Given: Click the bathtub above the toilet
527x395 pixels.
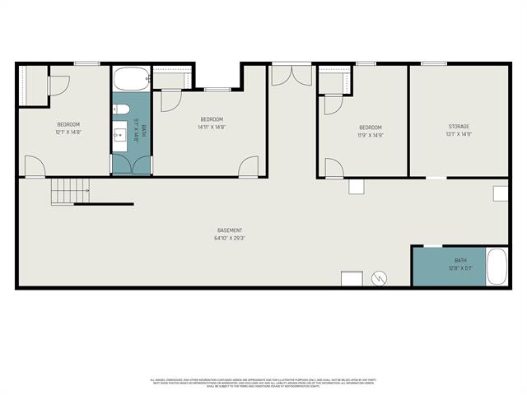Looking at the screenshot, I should click(x=130, y=80).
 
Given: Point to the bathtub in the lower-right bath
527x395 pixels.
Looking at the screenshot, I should click(x=497, y=266).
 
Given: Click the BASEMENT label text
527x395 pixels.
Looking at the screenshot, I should click(x=230, y=230).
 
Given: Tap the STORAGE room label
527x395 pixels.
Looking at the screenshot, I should click(x=459, y=126).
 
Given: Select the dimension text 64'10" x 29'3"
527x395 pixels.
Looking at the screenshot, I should click(x=230, y=239).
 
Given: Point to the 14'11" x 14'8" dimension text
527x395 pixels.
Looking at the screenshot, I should click(x=212, y=127).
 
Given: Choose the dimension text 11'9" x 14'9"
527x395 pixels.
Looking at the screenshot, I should click(x=370, y=134).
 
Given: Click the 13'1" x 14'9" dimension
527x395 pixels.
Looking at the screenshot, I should click(x=459, y=134).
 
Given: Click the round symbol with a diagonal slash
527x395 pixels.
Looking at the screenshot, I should click(x=380, y=278).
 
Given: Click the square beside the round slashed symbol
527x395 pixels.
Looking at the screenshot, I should click(x=352, y=278).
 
